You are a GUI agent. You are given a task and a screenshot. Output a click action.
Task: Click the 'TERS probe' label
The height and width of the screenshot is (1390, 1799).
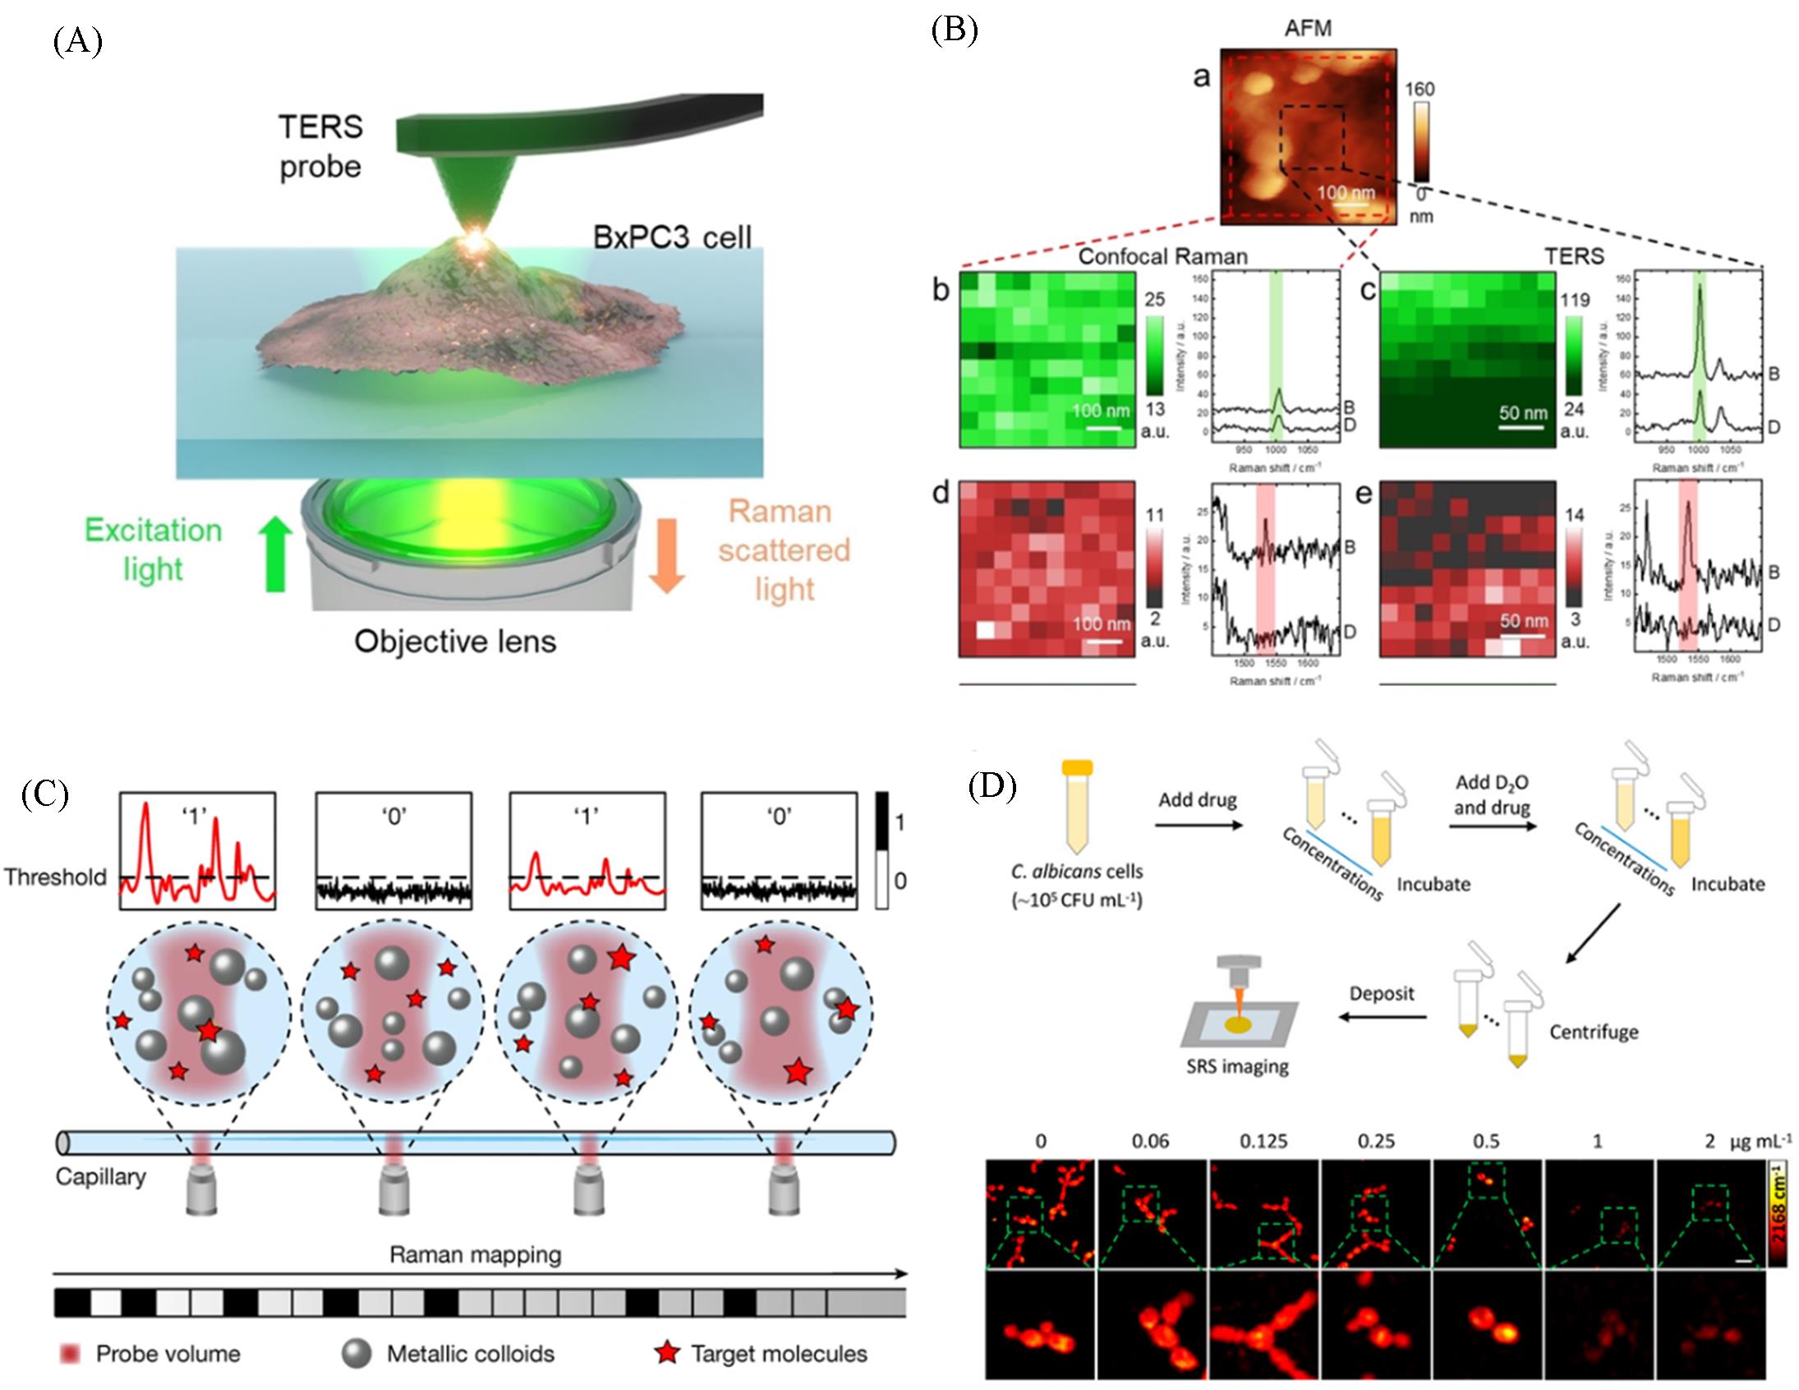click(320, 147)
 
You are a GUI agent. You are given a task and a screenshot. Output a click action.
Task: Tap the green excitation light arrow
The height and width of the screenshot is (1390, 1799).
click(275, 554)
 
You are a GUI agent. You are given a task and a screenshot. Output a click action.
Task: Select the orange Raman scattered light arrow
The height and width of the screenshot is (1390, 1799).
click(666, 555)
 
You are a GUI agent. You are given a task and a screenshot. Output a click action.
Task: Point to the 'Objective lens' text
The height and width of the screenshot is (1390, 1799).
click(455, 641)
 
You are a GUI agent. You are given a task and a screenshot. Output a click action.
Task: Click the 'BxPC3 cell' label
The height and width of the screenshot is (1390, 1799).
click(672, 237)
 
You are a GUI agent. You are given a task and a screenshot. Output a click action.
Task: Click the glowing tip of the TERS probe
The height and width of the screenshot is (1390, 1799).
click(476, 240)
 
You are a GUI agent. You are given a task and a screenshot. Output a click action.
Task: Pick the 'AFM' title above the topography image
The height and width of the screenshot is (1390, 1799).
click(1307, 28)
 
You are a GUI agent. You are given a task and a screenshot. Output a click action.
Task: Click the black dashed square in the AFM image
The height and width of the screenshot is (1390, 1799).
click(1312, 136)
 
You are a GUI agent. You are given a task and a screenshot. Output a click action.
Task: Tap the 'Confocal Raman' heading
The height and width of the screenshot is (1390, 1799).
click(1162, 256)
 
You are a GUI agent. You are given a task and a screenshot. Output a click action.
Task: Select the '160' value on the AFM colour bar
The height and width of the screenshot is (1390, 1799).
click(1419, 89)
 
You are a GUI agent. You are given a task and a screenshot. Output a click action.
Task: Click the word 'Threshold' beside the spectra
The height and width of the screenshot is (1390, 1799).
click(55, 877)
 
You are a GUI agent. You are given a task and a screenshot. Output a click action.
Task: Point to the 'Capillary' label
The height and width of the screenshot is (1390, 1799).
click(100, 1176)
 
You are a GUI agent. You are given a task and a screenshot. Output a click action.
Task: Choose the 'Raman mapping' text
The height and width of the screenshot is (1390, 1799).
click(476, 1255)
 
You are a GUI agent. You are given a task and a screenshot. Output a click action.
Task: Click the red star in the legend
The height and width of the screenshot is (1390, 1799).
click(667, 1353)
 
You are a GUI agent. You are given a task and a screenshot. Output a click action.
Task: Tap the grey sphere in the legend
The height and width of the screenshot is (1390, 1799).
click(356, 1353)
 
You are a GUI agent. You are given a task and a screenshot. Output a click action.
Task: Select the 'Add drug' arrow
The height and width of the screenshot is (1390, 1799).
click(1198, 822)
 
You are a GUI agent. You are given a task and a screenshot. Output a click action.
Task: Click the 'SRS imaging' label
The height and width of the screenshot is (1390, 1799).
click(1237, 1066)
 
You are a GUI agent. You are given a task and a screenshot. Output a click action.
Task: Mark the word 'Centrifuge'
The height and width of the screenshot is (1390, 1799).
click(1593, 1033)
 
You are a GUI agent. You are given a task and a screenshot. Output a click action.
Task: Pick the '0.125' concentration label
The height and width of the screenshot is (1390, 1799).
click(1263, 1141)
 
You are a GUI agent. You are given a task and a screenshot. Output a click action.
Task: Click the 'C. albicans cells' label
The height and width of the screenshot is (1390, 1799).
click(1077, 872)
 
